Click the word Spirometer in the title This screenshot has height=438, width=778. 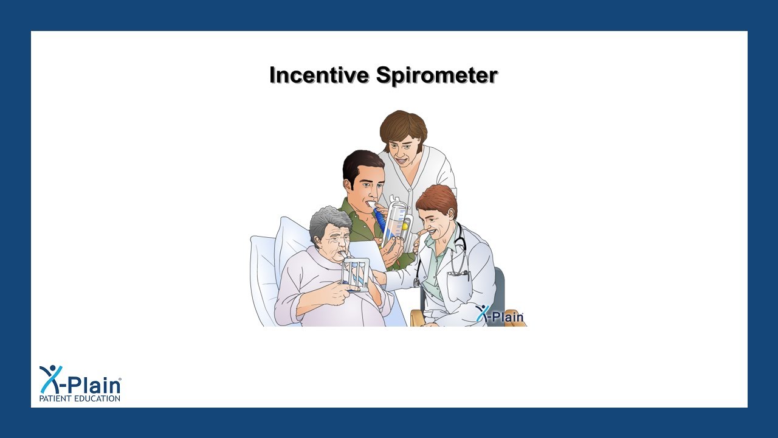click(436, 75)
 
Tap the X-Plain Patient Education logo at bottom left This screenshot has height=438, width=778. click(80, 383)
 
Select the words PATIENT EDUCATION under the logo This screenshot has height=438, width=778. click(80, 398)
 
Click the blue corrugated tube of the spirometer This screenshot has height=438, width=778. click(379, 218)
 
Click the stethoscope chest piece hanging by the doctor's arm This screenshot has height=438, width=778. click(417, 282)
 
